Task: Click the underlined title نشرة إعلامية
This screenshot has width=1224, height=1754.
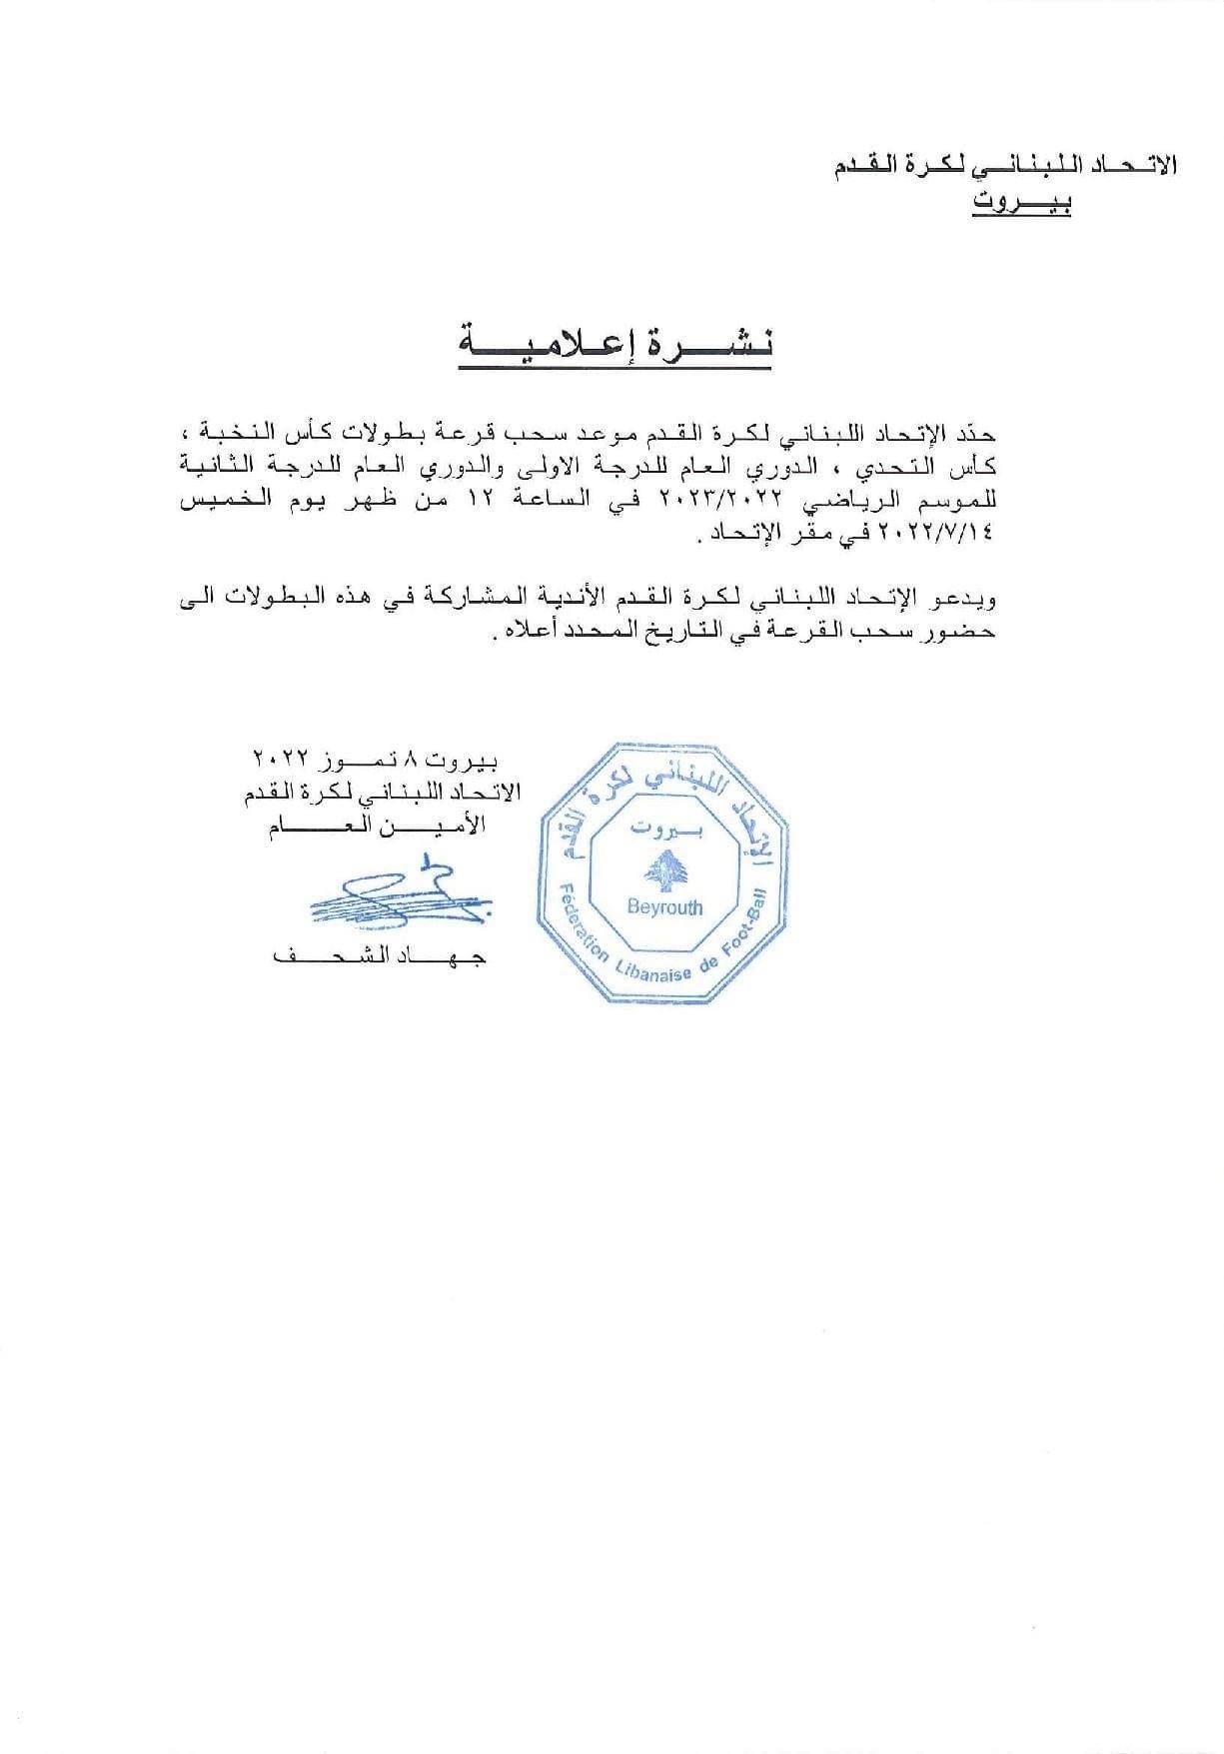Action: coord(615,345)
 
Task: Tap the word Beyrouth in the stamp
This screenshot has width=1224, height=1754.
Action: coord(664,908)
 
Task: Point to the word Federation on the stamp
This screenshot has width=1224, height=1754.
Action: coord(579,924)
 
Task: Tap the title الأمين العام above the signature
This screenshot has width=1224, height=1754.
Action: coord(377,826)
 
